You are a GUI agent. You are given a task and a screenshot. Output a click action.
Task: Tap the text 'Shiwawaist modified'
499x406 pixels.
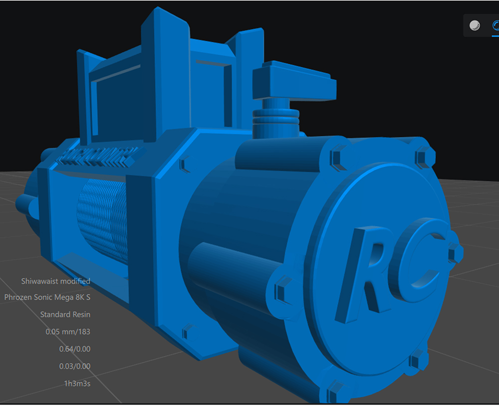pyautogui.click(x=55, y=281)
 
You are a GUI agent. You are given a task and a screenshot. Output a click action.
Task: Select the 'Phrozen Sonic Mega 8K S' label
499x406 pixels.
pyautogui.click(x=47, y=297)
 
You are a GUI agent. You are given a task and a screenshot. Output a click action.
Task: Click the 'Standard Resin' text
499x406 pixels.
pyautogui.click(x=65, y=314)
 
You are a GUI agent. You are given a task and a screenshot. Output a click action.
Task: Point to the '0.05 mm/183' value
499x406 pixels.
pyautogui.click(x=68, y=331)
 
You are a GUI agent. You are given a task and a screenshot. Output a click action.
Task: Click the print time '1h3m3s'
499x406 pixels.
pyautogui.click(x=76, y=383)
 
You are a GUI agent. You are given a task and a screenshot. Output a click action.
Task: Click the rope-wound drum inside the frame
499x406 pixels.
pyautogui.click(x=102, y=220)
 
